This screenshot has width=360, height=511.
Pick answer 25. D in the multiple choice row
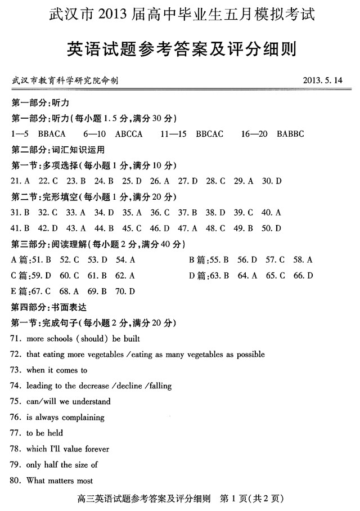tap(131, 181)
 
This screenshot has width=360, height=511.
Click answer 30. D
tap(272, 181)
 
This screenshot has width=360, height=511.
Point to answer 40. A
tap(271, 213)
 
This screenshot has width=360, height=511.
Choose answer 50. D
tap(271, 228)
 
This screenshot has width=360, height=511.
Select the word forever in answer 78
tap(96, 449)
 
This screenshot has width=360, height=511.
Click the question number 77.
tap(15, 433)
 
